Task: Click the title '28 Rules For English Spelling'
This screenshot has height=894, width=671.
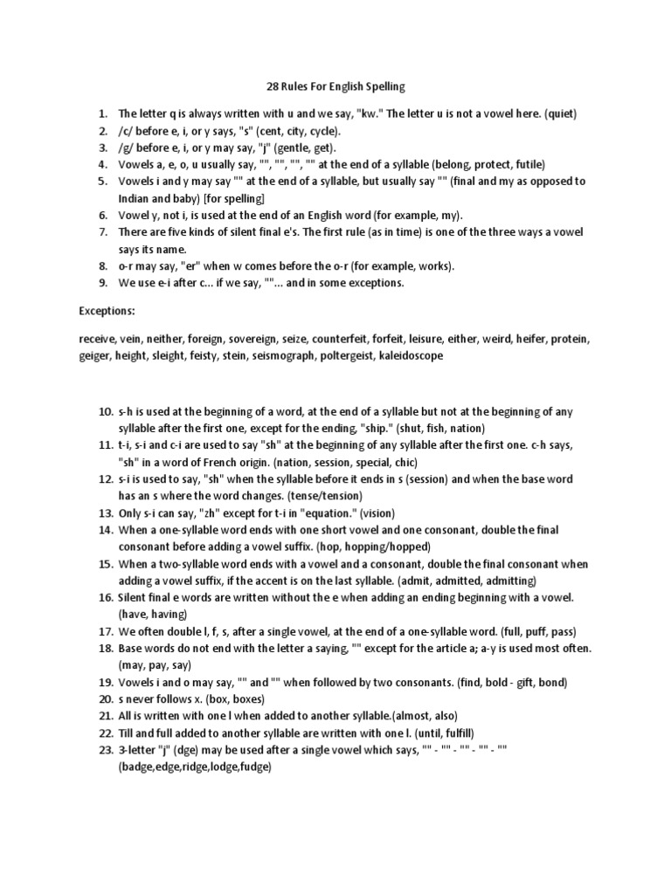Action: (x=335, y=87)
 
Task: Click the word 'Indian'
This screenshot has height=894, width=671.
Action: (x=135, y=198)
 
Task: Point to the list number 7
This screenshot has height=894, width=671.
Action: (x=104, y=232)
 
